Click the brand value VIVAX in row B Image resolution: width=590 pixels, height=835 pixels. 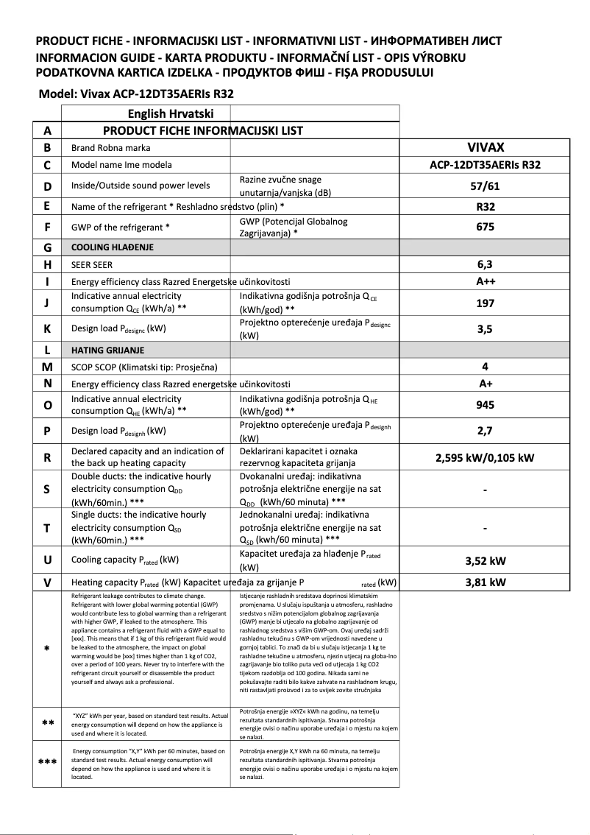485,147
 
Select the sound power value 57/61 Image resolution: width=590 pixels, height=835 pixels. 485,186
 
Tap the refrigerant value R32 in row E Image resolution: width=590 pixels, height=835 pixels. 485,207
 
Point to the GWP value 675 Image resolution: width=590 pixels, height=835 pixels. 485,228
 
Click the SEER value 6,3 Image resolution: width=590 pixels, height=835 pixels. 485,264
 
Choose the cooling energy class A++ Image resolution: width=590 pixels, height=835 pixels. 485,281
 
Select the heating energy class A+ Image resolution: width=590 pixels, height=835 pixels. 485,384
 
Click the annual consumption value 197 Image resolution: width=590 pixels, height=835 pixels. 485,303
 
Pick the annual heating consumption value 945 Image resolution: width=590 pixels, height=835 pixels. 485,405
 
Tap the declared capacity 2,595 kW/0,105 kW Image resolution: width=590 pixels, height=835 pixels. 485,457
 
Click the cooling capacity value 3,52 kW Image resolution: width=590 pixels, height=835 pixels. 485,560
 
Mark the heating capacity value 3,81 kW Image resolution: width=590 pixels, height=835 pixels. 485,582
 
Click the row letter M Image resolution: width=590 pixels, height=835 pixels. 47,367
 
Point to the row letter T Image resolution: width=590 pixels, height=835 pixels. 47,527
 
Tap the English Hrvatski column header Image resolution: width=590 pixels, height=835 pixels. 171,113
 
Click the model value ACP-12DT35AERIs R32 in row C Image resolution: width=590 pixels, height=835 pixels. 485,165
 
